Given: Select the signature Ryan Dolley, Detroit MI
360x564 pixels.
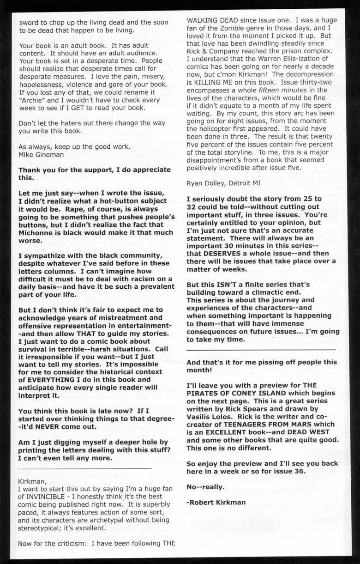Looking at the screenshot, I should click(x=223, y=183).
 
